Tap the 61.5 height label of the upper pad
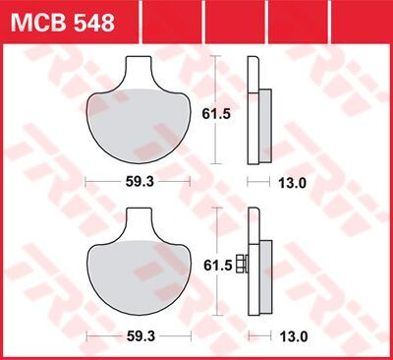pos(230,114)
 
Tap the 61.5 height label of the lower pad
pos(230,266)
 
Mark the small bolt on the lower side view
pos(243,266)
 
